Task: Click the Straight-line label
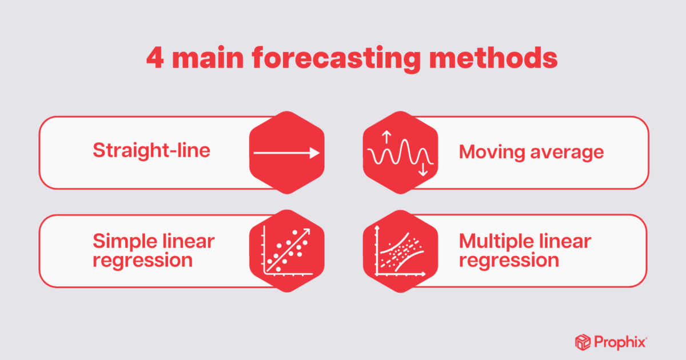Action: [x=151, y=151]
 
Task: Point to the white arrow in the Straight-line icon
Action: [x=286, y=153]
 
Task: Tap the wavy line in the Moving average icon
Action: [x=400, y=154]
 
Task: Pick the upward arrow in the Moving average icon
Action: [x=386, y=137]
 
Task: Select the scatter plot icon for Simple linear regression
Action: [x=286, y=250]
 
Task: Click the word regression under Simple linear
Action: [x=142, y=260]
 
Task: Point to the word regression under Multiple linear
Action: [x=509, y=260]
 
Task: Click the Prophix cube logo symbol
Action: [x=583, y=342]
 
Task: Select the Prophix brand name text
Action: [x=620, y=342]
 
